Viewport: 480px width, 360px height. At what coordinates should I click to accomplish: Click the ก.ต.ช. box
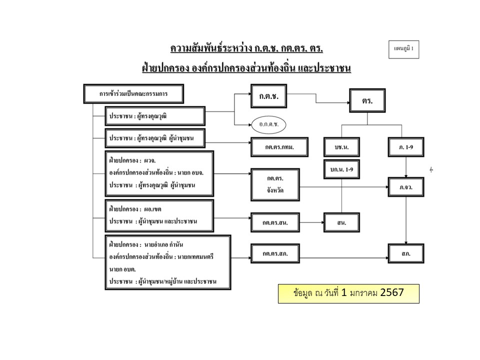(x=268, y=95)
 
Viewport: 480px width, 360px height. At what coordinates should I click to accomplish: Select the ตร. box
(x=367, y=100)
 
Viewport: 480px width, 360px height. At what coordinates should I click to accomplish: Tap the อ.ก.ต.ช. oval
(x=268, y=122)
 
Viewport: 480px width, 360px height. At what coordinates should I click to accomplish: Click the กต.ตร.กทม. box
(x=279, y=147)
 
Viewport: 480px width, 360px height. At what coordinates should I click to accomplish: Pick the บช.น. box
(x=342, y=147)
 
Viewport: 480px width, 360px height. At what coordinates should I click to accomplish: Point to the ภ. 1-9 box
(x=406, y=147)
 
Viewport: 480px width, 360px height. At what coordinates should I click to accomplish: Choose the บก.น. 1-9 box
(x=342, y=170)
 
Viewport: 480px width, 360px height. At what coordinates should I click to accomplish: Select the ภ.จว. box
(x=406, y=187)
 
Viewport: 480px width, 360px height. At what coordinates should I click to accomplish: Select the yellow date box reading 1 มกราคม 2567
(x=348, y=293)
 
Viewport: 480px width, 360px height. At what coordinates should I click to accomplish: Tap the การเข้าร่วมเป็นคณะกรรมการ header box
(x=134, y=93)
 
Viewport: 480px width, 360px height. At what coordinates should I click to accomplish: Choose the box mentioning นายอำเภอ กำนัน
(x=168, y=262)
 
